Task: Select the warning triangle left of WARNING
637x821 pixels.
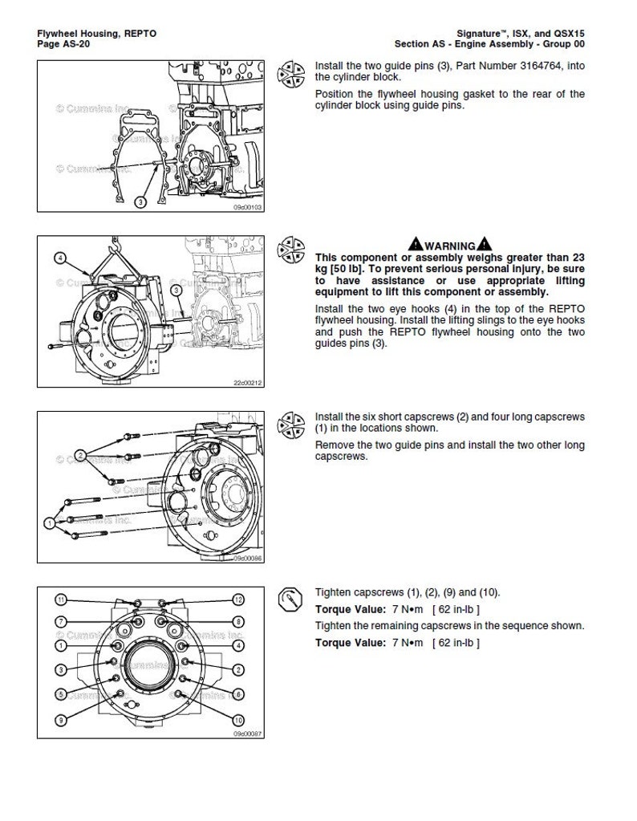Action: (414, 245)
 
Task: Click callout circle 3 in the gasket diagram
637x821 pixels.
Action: (140, 201)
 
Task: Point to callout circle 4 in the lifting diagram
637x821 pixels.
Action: (60, 258)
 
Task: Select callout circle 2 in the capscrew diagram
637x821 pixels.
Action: (80, 456)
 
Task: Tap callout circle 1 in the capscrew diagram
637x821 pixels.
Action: (51, 522)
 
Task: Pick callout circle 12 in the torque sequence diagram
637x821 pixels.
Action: (238, 599)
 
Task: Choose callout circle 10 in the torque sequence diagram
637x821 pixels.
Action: (238, 718)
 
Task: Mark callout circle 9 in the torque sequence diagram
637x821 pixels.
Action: (60, 720)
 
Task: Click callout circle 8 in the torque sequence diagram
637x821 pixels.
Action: (238, 621)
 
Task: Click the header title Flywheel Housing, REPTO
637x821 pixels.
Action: (97, 33)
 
